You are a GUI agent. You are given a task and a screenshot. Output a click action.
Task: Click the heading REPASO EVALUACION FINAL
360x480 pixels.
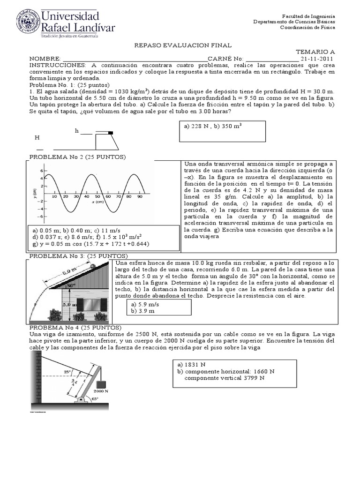(x=183, y=45)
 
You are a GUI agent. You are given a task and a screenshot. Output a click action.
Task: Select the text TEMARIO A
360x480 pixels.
(x=315, y=52)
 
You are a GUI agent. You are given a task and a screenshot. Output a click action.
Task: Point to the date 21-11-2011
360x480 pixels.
(x=318, y=59)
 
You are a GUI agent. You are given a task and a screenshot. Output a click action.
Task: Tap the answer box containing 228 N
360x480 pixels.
(x=223, y=131)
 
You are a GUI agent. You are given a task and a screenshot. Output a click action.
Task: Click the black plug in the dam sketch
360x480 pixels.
(x=111, y=133)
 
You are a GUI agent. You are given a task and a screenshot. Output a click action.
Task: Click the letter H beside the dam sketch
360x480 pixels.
(x=37, y=138)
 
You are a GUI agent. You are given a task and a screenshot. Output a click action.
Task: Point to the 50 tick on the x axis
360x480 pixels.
(x=98, y=196)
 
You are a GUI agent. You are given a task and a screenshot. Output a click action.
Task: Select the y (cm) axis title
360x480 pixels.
(x=35, y=193)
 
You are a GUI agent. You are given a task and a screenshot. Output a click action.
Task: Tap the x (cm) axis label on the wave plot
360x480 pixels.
(x=97, y=202)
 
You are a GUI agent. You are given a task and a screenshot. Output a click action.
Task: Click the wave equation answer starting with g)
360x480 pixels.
(x=90, y=244)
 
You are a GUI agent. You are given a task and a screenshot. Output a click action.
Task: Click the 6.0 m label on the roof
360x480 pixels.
(x=69, y=271)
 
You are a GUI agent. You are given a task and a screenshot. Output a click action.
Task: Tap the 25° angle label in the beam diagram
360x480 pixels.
(x=67, y=372)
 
